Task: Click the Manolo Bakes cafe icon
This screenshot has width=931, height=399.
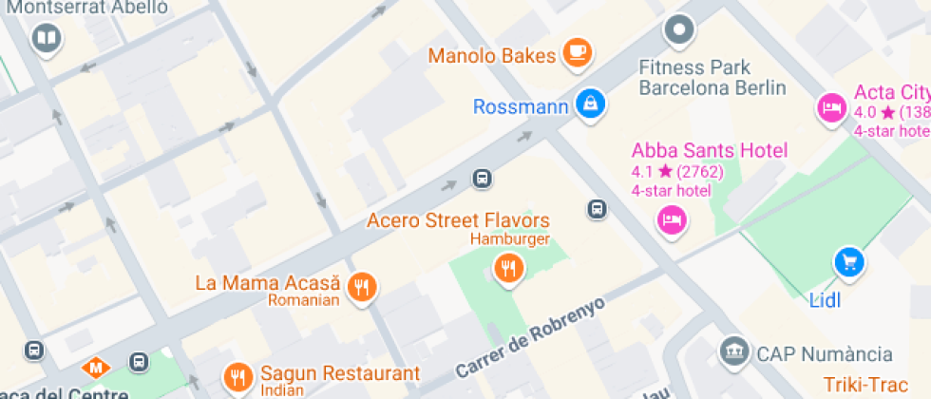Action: click(577, 53)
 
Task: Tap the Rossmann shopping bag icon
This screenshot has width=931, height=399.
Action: click(590, 104)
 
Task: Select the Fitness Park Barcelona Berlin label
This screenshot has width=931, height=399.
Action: click(712, 78)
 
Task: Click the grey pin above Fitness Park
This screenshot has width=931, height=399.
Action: click(678, 31)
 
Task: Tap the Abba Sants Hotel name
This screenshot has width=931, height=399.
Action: click(710, 150)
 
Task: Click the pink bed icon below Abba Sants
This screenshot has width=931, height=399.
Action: click(673, 221)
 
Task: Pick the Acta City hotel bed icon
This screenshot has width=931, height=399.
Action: click(832, 106)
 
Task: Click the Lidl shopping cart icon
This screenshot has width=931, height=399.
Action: click(848, 261)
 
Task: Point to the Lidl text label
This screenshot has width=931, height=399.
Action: click(826, 301)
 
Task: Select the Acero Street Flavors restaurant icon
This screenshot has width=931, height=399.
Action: click(509, 268)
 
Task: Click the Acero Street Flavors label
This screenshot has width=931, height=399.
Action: click(458, 220)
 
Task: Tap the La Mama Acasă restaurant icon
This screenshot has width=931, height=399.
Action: click(361, 286)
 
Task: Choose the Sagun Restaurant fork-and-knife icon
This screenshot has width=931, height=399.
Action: click(237, 377)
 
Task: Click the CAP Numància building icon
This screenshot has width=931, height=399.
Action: click(733, 352)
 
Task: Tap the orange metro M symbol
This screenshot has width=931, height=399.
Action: click(96, 366)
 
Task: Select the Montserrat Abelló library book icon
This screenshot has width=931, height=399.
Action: click(46, 38)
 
